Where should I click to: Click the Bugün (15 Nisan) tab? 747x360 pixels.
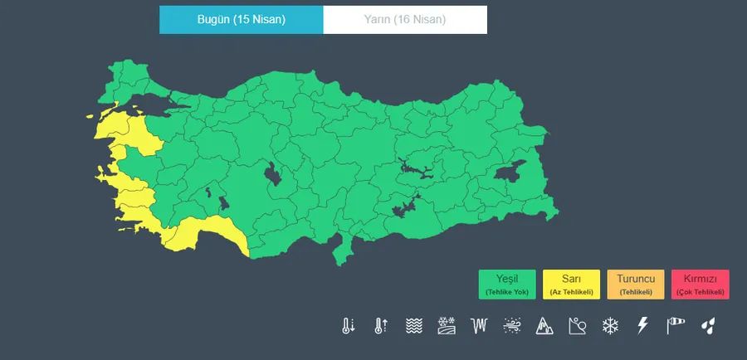(241, 20)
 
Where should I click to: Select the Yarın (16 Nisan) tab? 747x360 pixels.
(404, 20)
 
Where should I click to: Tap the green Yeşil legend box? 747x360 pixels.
(506, 284)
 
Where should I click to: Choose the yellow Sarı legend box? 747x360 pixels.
(571, 284)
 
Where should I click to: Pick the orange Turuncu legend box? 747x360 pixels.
(636, 284)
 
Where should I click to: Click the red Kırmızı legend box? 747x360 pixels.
(700, 284)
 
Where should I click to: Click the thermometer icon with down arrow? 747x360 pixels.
(349, 325)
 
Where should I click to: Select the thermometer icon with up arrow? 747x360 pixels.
(381, 325)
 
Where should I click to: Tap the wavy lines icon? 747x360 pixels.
(414, 325)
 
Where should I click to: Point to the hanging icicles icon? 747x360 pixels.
(479, 325)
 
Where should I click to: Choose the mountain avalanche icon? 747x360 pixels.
(544, 325)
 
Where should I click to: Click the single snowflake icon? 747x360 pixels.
(610, 325)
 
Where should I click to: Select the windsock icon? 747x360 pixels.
(676, 325)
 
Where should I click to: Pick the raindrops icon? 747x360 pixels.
(708, 325)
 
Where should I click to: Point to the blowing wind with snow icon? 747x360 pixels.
(512, 325)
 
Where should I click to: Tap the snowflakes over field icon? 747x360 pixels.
(447, 325)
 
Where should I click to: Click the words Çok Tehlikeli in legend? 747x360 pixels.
(700, 292)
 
